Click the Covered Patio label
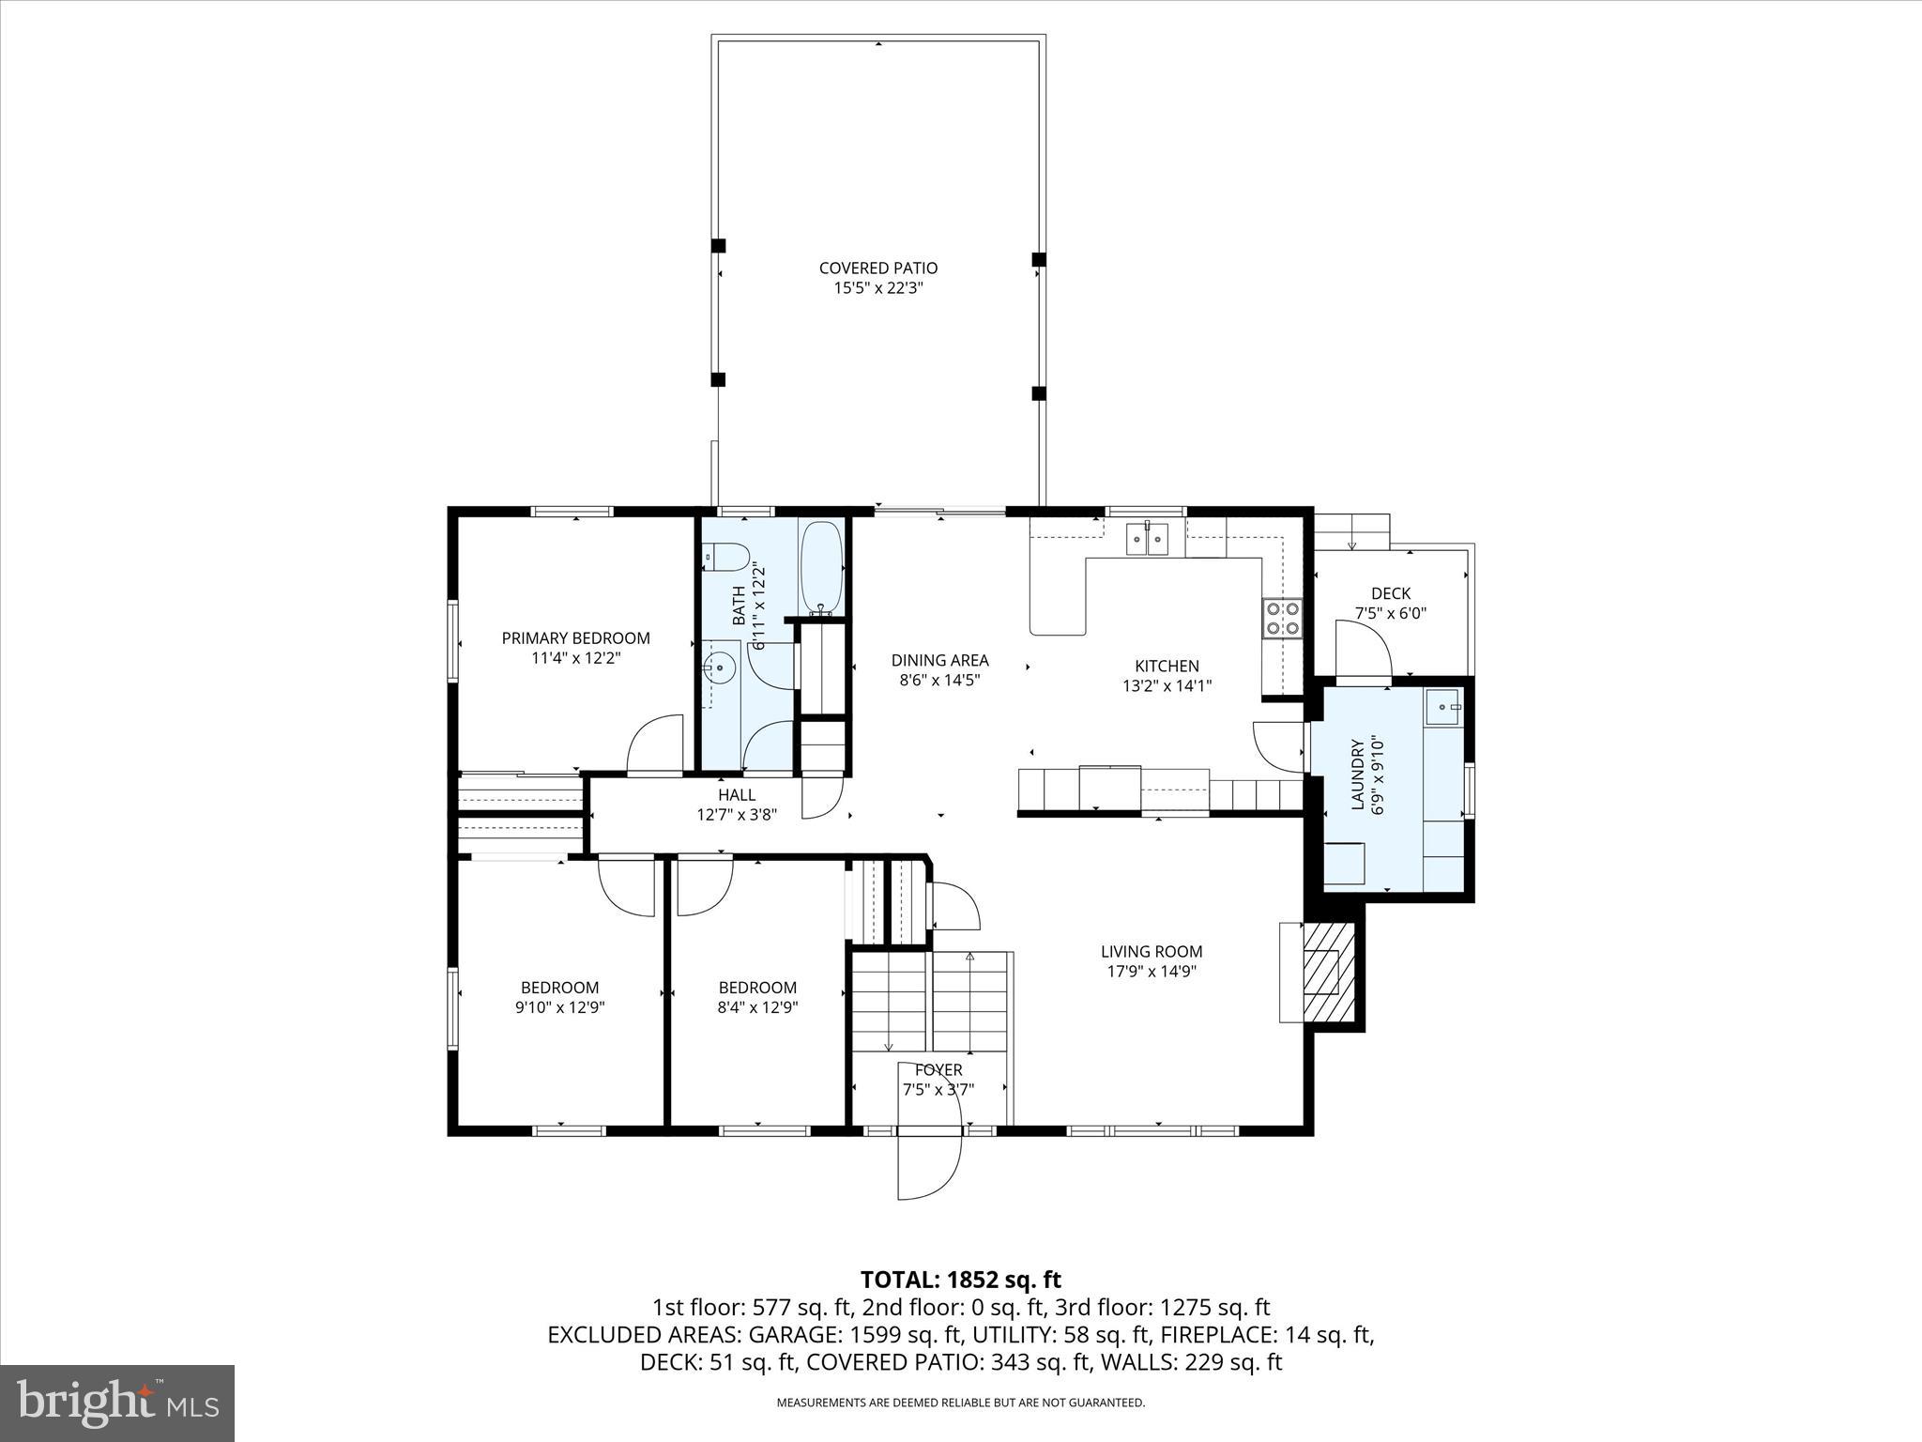[877, 268]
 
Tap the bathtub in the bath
[821, 566]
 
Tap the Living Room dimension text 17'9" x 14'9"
[1152, 972]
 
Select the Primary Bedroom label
[575, 638]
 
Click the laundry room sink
[1443, 706]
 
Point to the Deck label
[1390, 593]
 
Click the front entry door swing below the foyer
[929, 1164]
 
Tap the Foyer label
[938, 1070]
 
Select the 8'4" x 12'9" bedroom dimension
[757, 1007]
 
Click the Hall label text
[737, 795]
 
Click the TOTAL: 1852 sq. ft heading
[960, 1280]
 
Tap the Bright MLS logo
[117, 1403]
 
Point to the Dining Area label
[939, 661]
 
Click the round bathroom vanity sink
[719, 668]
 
